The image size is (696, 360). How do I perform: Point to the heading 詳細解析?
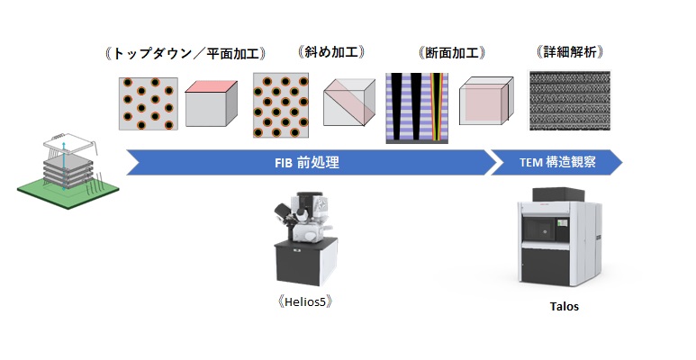tap(569, 53)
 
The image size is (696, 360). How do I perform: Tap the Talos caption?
tap(565, 306)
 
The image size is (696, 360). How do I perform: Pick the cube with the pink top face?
tap(212, 103)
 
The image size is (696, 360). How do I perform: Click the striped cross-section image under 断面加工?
tap(418, 107)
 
